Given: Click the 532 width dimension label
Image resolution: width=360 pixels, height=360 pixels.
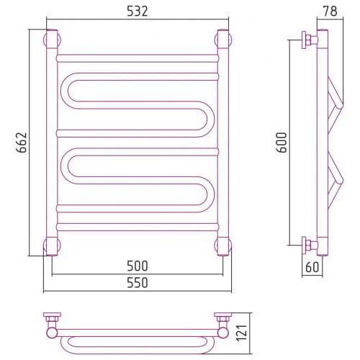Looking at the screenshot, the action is [138, 12].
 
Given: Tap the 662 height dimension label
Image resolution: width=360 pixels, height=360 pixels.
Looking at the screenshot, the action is [22, 143].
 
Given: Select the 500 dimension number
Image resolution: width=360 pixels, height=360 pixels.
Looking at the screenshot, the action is [138, 266].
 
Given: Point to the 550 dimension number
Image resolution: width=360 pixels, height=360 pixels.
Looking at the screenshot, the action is [138, 283].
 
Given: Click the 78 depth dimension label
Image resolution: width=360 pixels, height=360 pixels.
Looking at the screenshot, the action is [330, 11].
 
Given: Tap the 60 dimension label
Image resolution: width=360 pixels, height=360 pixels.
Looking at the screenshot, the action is [312, 267].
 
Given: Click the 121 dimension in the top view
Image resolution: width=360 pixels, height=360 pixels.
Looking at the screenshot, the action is [242, 333].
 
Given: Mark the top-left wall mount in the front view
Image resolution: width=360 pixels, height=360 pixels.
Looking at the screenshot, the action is [52, 39].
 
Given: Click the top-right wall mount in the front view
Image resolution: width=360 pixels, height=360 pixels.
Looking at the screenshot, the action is [223, 39].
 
